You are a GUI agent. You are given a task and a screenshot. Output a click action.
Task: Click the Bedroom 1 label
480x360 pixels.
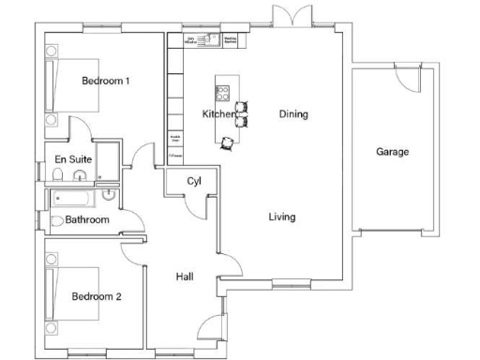[105, 82]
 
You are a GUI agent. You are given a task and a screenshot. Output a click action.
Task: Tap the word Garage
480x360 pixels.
[392, 151]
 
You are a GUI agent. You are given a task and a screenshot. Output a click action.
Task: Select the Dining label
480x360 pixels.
[293, 114]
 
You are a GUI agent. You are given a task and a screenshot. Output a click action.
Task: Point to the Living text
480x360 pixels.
[281, 217]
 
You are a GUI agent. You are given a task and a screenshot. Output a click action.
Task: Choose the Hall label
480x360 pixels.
[185, 277]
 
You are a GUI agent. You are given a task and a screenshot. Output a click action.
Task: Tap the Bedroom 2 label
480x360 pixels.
[97, 297]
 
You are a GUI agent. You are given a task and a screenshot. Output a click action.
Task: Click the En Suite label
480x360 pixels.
[72, 159]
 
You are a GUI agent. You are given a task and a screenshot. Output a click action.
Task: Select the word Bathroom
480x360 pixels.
[87, 220]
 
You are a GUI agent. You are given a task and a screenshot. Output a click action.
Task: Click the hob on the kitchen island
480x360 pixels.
[223, 92]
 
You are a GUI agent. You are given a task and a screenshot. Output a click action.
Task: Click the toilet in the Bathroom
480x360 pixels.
[57, 220]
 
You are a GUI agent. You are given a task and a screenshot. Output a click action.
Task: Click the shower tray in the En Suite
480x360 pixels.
[109, 160]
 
